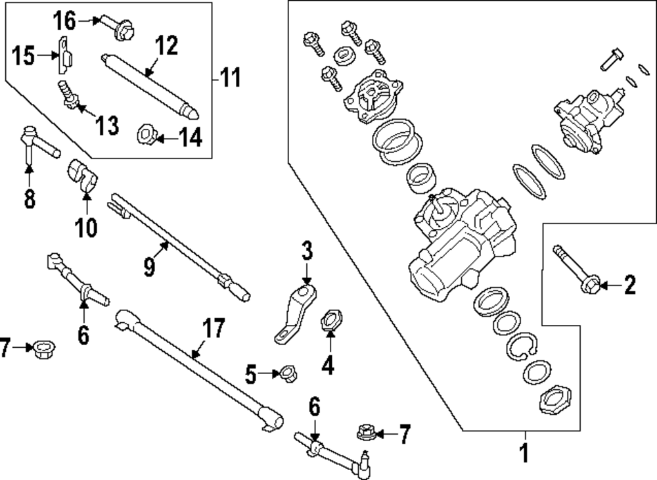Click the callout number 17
click(x=214, y=328)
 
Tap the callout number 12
click(x=166, y=46)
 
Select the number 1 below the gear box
click(x=524, y=454)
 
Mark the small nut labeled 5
click(x=287, y=374)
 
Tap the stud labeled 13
click(x=68, y=94)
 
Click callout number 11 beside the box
click(x=230, y=79)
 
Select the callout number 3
click(x=307, y=251)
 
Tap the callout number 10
click(x=85, y=228)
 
